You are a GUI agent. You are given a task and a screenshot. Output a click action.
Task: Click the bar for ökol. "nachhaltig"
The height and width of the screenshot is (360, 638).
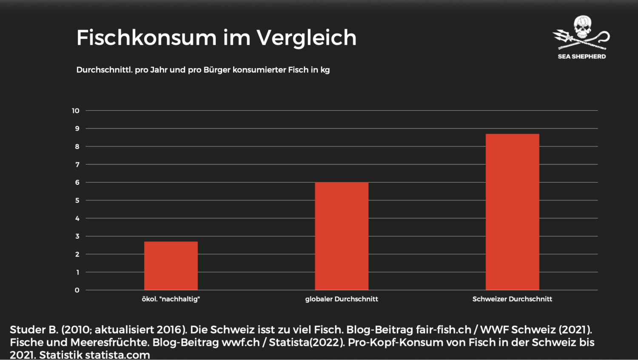pyautogui.click(x=171, y=266)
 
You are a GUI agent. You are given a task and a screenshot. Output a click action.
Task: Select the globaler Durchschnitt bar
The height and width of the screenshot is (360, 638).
pyautogui.click(x=342, y=236)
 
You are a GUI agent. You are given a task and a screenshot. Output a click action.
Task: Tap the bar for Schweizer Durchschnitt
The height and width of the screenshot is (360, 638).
pyautogui.click(x=512, y=211)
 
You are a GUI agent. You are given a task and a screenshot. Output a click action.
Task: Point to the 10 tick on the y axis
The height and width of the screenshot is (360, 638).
pyautogui.click(x=76, y=111)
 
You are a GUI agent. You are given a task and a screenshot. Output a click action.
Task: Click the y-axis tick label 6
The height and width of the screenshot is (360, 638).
pyautogui.click(x=77, y=183)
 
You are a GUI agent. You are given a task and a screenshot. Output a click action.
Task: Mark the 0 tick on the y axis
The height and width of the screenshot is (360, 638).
pyautogui.click(x=77, y=290)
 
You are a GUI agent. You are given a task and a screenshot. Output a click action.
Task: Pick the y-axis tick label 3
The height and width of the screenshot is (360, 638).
pyautogui.click(x=77, y=236)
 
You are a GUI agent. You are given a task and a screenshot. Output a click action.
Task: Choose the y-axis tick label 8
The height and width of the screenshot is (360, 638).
pyautogui.click(x=77, y=146)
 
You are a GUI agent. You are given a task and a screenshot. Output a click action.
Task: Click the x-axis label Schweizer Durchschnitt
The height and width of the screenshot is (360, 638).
pyautogui.click(x=512, y=299)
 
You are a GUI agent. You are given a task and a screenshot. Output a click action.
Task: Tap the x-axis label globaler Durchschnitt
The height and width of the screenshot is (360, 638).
pyautogui.click(x=342, y=299)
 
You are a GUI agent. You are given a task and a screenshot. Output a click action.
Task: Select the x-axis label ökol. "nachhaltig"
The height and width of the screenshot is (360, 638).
pyautogui.click(x=171, y=299)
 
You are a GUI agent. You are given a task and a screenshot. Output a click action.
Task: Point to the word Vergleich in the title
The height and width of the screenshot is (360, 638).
pyautogui.click(x=306, y=38)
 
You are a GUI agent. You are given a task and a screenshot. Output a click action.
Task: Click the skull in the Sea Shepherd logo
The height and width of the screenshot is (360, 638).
pyautogui.click(x=582, y=26)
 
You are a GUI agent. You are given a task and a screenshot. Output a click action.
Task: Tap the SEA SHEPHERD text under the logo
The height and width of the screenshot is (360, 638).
pyautogui.click(x=582, y=57)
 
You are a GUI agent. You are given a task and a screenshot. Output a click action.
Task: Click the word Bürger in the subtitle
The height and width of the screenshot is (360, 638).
pyautogui.click(x=217, y=70)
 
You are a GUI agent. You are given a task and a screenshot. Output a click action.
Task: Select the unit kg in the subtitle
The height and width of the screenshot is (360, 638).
pyautogui.click(x=325, y=70)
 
